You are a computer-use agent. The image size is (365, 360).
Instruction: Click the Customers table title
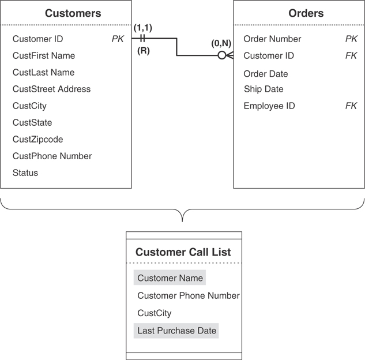tap(73, 13)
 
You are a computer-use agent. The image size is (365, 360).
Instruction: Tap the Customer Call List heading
tap(183, 252)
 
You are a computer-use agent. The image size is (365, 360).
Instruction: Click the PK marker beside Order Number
tap(351, 39)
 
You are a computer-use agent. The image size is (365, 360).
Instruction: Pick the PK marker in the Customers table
tap(118, 39)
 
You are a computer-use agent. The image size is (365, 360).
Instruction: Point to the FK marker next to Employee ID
tap(351, 106)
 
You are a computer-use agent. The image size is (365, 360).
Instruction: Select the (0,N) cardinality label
tap(222, 43)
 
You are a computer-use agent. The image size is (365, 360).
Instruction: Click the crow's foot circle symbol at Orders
tap(221, 56)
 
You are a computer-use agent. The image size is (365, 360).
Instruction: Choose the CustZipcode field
tap(37, 140)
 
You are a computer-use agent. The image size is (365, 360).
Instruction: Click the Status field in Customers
tap(25, 173)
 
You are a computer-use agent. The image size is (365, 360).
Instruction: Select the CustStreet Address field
tap(51, 89)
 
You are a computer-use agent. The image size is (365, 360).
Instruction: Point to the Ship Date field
tap(263, 89)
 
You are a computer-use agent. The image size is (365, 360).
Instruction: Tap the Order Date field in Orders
tap(265, 74)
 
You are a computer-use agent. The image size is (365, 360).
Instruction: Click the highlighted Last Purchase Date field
tap(176, 331)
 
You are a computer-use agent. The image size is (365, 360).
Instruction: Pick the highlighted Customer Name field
tap(170, 278)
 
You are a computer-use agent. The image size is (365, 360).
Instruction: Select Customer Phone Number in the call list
tap(188, 296)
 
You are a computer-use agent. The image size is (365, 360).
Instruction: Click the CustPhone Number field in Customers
tap(52, 156)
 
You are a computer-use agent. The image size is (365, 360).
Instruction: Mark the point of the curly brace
tap(183, 221)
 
